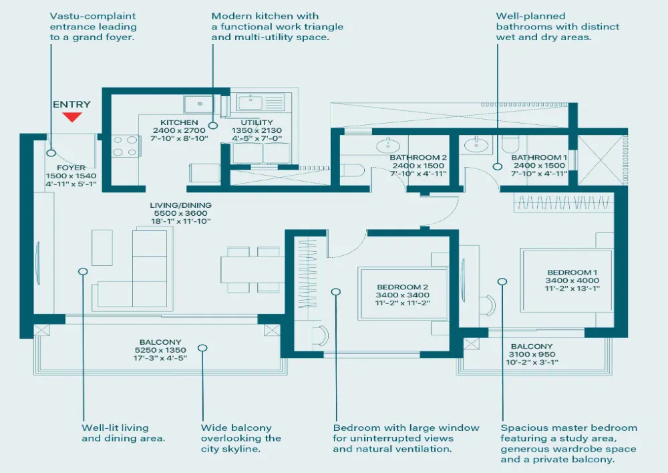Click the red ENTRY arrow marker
click(71, 117)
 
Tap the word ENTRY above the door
click(71, 104)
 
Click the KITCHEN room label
click(179, 123)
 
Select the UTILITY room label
click(257, 123)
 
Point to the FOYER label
click(71, 168)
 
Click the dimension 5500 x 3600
click(180, 214)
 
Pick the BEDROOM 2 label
click(402, 287)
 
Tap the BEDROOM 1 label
click(572, 273)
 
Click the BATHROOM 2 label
click(418, 158)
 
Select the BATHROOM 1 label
click(539, 158)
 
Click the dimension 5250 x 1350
click(160, 350)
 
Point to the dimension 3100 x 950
click(532, 355)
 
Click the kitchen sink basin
click(200, 104)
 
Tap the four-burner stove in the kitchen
click(126, 146)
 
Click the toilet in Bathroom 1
click(509, 144)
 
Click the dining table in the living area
click(253, 270)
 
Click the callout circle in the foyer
click(51, 154)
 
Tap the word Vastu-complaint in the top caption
click(93, 16)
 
